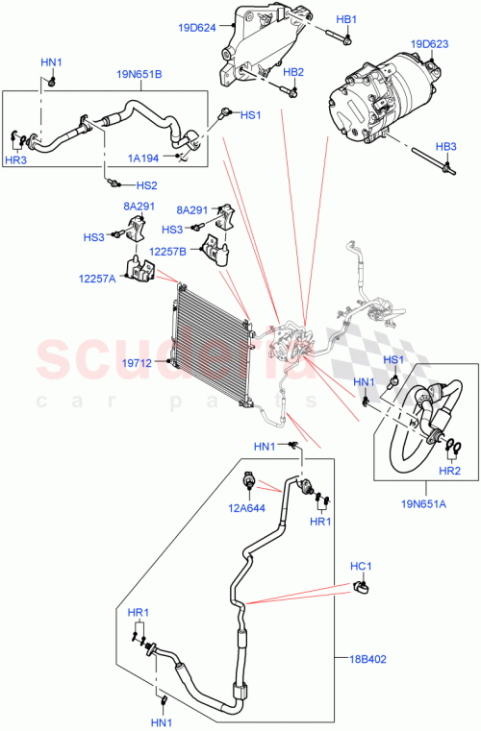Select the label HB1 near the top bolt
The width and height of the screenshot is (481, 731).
346,20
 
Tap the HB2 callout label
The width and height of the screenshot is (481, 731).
293,73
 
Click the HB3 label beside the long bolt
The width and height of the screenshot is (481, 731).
445,146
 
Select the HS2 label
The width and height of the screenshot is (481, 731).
146,184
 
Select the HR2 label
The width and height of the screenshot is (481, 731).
449,471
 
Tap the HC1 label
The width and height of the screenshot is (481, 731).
361,567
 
